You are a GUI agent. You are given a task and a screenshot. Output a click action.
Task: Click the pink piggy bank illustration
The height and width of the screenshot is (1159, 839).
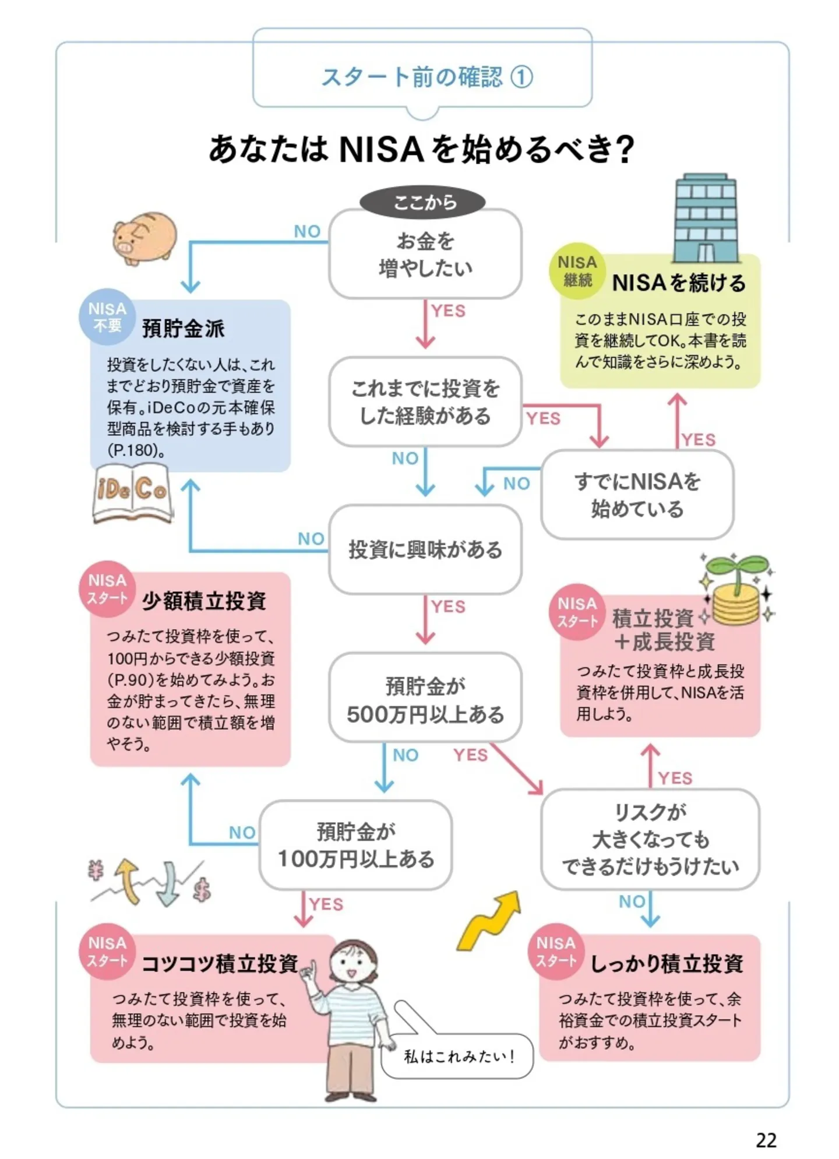click(144, 238)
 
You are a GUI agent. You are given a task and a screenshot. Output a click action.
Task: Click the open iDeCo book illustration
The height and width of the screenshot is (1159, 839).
click(133, 492)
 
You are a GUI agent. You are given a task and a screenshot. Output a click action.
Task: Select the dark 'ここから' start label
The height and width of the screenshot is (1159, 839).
click(422, 202)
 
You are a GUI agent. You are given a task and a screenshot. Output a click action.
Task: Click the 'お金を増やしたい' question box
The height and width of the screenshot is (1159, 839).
click(425, 255)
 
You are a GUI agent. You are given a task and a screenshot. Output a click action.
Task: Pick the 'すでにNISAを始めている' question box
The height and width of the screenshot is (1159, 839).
click(637, 495)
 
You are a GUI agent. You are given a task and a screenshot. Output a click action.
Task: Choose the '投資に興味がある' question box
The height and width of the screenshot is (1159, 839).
click(425, 549)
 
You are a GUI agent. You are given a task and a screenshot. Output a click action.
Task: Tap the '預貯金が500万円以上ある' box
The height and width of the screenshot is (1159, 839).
click(425, 698)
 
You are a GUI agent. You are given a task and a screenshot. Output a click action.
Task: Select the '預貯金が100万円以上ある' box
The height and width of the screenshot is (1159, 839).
click(355, 844)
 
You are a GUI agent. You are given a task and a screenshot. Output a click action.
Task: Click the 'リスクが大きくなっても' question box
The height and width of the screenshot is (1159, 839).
click(650, 839)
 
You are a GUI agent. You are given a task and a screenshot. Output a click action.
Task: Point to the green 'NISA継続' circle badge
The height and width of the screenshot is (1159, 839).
click(577, 271)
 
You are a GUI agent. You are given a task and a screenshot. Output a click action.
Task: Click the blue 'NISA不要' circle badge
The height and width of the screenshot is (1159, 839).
click(107, 316)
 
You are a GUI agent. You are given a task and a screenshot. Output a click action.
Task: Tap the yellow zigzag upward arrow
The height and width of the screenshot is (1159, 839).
click(490, 921)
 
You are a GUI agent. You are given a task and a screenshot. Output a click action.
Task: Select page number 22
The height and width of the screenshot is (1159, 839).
click(766, 1139)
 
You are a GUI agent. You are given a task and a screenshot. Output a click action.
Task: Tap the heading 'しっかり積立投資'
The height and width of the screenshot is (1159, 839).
click(667, 964)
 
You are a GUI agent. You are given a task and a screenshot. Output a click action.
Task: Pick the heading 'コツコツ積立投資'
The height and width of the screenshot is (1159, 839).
click(220, 964)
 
